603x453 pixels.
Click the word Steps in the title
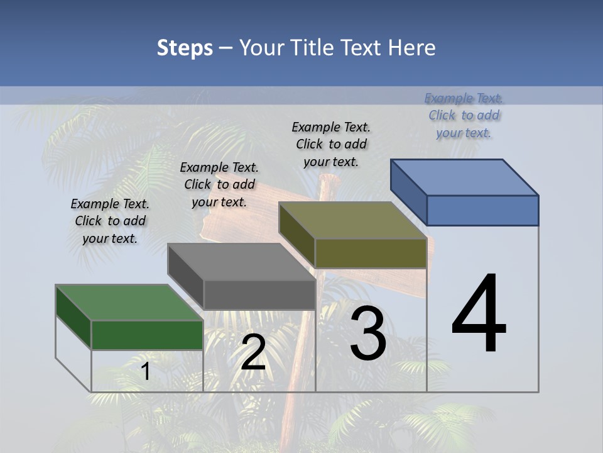tap(185, 48)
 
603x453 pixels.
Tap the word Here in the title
tap(412, 48)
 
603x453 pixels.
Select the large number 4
tap(479, 315)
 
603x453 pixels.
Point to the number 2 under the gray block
tap(253, 353)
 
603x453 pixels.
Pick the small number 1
tap(145, 371)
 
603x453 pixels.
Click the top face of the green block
tap(129, 303)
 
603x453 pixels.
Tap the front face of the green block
tap(147, 335)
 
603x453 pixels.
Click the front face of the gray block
tap(259, 294)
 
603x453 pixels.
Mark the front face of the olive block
tap(371, 253)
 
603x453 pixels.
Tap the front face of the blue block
tap(482, 210)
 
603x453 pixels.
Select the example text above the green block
tap(110, 221)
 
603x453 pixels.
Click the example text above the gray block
tap(219, 184)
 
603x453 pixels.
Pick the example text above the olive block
tap(331, 144)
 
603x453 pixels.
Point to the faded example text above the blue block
tap(464, 115)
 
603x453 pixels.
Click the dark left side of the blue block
tap(408, 189)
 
